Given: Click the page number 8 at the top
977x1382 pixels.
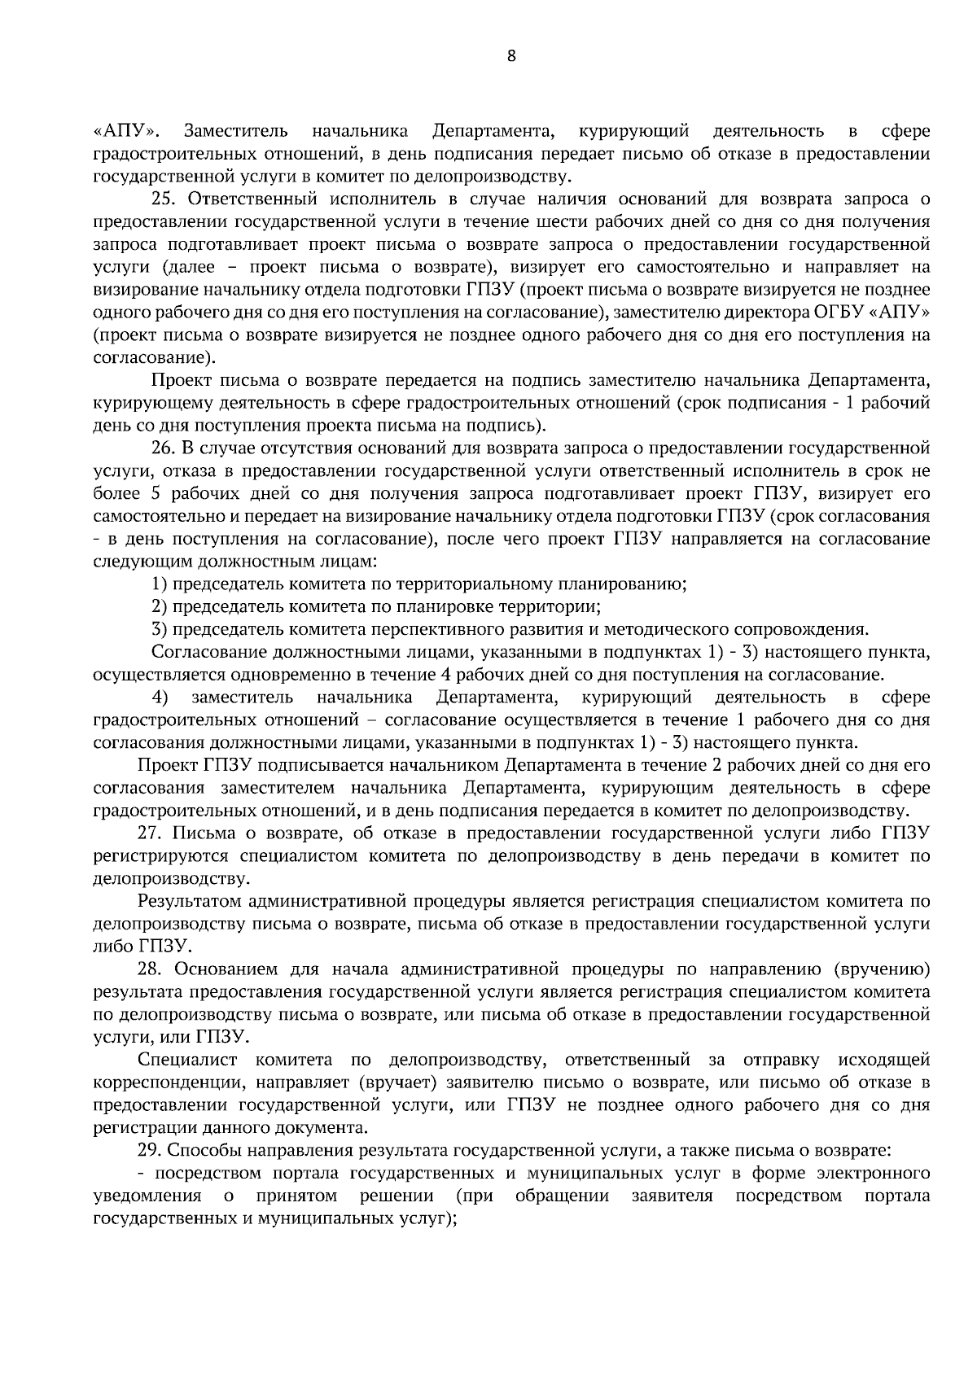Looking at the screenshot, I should (511, 56).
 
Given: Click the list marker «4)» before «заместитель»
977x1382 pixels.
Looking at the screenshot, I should (160, 698).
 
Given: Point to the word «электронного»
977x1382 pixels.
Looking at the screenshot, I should (879, 1174).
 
